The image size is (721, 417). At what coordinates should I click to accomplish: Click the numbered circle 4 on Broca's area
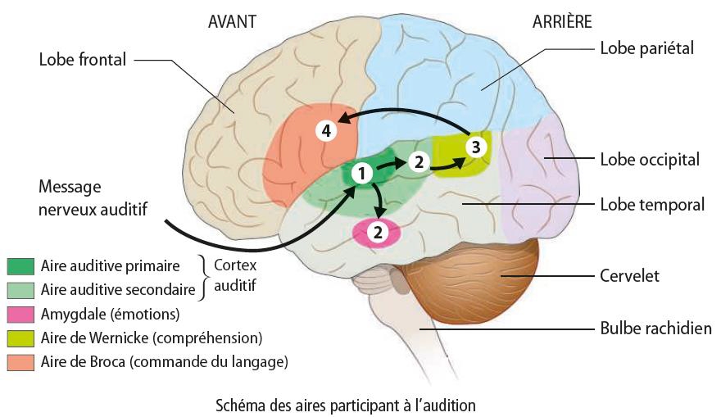(327, 131)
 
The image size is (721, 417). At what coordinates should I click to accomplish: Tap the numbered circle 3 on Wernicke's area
(477, 147)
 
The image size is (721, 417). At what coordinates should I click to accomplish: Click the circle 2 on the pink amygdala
(378, 232)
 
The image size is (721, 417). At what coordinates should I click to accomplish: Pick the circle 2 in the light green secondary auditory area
(418, 161)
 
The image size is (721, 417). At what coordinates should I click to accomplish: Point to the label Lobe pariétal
(646, 48)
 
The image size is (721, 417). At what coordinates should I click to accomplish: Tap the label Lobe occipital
(650, 159)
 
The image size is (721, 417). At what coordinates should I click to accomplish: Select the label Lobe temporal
(652, 204)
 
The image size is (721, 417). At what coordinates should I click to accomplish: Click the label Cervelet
(629, 276)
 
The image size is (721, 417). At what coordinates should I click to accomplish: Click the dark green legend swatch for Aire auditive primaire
(20, 265)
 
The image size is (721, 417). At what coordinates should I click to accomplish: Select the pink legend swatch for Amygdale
(20, 313)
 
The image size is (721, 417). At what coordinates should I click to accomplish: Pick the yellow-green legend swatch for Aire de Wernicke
(20, 337)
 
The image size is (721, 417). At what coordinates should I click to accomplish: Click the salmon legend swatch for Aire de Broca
(20, 360)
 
